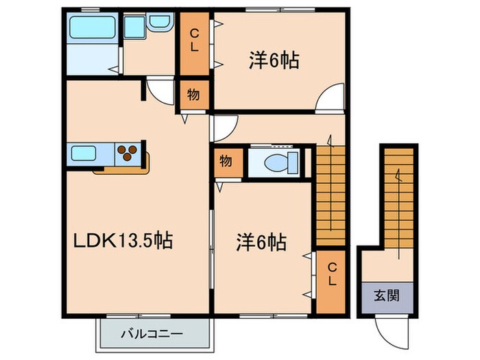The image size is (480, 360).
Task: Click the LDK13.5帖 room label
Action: coord(123,241)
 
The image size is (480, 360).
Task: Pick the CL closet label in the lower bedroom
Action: coord(331,274)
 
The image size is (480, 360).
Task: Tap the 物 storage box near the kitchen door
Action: coord(194,95)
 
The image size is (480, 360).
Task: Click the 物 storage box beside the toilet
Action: coord(226,163)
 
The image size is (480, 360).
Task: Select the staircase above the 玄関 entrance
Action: coord(398,199)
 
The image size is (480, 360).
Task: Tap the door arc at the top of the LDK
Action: coord(160,90)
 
